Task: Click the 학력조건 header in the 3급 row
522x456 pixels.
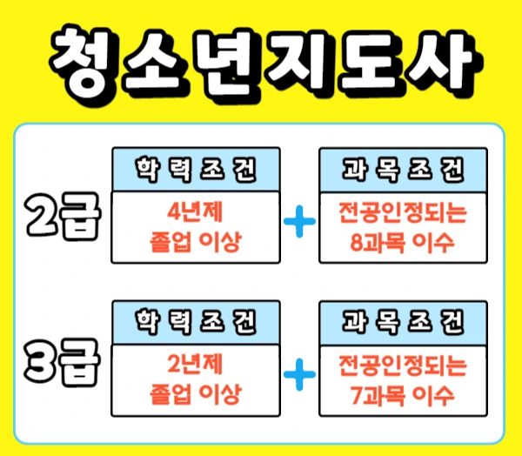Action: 196,322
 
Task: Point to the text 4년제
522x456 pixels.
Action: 196,210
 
